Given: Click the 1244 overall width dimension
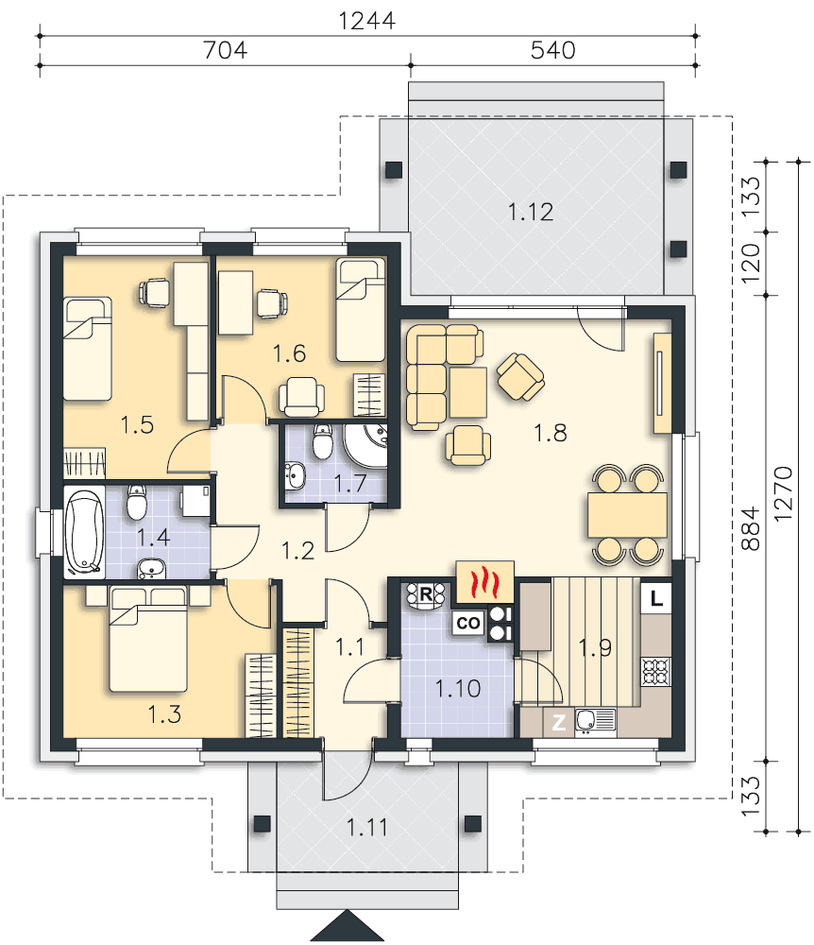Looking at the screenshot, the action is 366,21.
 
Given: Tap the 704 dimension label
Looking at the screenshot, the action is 225,50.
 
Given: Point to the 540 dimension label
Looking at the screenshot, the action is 552,50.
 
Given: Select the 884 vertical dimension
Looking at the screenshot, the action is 750,528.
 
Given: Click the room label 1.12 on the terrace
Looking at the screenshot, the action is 531,212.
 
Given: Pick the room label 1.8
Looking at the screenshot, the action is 551,433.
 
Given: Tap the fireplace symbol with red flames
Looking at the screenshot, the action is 484,582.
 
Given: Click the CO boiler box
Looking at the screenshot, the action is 468,623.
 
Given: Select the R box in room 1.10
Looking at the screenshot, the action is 426,594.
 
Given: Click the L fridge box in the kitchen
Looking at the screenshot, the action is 656,598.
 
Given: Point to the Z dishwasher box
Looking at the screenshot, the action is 559,722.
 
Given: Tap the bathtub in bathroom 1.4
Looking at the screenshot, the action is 84,532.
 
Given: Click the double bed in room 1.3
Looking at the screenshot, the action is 148,640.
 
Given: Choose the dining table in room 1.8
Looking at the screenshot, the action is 627,515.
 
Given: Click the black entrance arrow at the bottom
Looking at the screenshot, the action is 348,926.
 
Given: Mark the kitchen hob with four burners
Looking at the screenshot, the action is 656,671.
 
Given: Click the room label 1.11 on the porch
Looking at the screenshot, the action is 366,828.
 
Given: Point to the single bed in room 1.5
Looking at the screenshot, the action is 88,349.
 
